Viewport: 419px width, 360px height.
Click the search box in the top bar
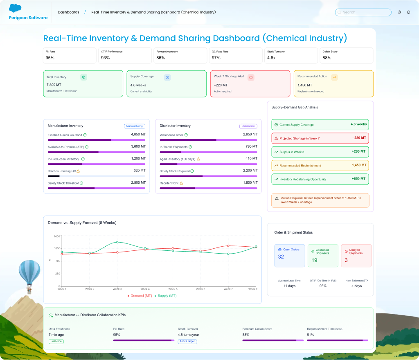tap(363, 12)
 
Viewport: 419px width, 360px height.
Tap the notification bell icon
tap(408, 12)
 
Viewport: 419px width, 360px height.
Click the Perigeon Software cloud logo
tap(15, 8)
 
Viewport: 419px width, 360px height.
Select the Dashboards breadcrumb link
tap(69, 12)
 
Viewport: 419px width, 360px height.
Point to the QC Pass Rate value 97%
tap(216, 58)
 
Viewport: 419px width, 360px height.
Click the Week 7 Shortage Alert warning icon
tap(251, 77)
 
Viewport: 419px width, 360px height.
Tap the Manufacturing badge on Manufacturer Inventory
tap(134, 126)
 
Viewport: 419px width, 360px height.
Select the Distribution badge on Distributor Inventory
tap(248, 126)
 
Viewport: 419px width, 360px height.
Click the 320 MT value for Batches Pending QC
tap(139, 171)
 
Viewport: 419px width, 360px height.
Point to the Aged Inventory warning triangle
tap(198, 159)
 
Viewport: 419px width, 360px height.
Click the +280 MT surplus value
tap(358, 152)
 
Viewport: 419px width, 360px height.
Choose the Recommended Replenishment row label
tap(300, 166)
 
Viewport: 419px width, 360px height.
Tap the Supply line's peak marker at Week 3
tap(117, 242)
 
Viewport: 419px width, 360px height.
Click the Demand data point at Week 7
tap(228, 245)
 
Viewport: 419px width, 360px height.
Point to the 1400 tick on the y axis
tap(56, 236)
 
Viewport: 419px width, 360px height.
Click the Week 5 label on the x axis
tap(173, 289)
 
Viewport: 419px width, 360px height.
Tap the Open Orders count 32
tap(281, 257)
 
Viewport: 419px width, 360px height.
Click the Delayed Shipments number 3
tap(346, 260)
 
